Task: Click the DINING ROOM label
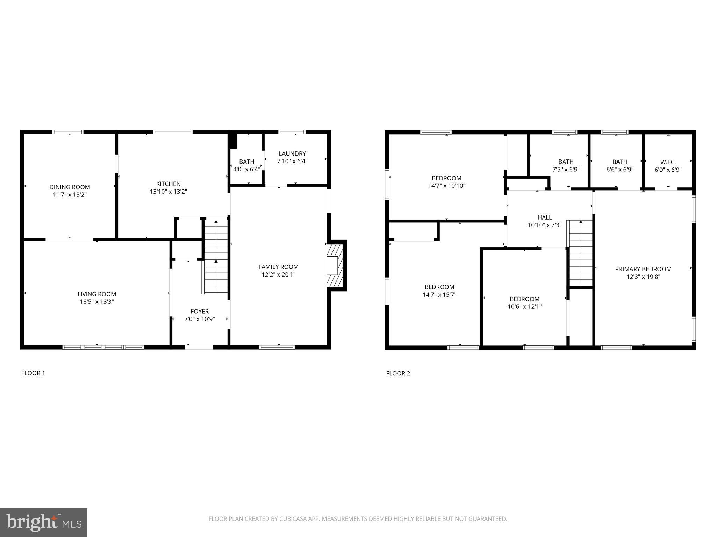[70, 187]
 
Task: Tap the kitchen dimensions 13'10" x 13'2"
[169, 192]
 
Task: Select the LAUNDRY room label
[292, 153]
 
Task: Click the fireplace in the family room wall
[335, 265]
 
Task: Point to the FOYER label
[200, 311]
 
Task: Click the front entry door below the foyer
[199, 347]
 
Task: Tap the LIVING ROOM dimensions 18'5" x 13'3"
[97, 302]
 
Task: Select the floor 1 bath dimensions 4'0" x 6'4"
[247, 169]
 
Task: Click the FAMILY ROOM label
[278, 267]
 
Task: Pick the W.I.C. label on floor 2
[668, 162]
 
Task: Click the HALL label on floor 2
[544, 217]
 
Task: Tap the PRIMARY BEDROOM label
[643, 269]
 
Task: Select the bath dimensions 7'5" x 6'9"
[566, 170]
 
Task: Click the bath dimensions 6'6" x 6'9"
[620, 170]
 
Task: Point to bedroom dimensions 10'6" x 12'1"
[524, 307]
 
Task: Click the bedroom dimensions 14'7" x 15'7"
[439, 295]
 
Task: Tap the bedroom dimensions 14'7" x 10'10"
[446, 186]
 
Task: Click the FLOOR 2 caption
[398, 373]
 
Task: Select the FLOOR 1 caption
[33, 373]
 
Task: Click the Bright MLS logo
[44, 522]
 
